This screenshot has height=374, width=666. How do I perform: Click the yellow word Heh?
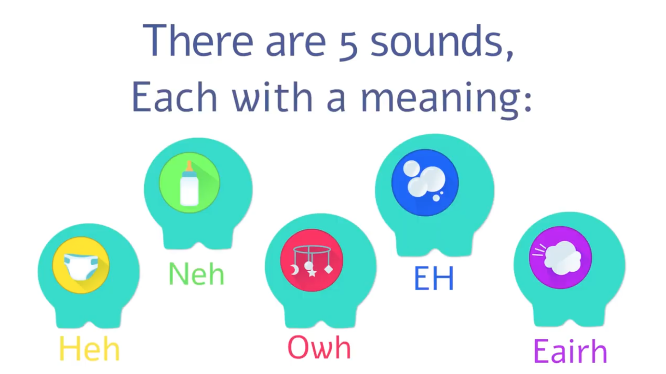point(89,348)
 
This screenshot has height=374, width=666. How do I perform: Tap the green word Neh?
point(196,273)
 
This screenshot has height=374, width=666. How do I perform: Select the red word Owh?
point(319,347)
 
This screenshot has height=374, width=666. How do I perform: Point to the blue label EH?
point(434,278)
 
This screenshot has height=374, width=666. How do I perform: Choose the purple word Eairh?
point(570,351)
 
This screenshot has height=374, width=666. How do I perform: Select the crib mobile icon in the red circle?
point(312,261)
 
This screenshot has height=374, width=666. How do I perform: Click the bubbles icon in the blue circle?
point(425,181)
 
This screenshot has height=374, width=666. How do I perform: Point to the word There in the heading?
point(198,40)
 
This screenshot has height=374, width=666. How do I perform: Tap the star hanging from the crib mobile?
point(312,272)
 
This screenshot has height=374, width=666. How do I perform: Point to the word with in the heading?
point(272,97)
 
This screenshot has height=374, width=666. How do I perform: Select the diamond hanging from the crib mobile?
point(329,269)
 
